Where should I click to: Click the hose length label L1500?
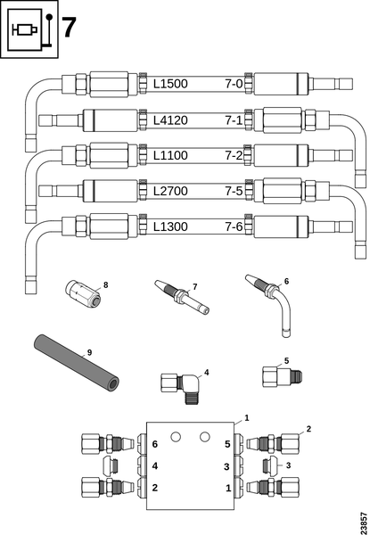coord(170,84)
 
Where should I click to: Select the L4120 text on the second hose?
coord(170,120)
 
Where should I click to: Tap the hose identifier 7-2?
coord(234,155)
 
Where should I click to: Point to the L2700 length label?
coord(170,191)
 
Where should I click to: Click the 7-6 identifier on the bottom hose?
coord(234,226)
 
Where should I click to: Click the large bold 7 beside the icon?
coord(69,28)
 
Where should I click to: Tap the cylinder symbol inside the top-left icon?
coord(25,30)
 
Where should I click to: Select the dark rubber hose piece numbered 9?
coord(77,362)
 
